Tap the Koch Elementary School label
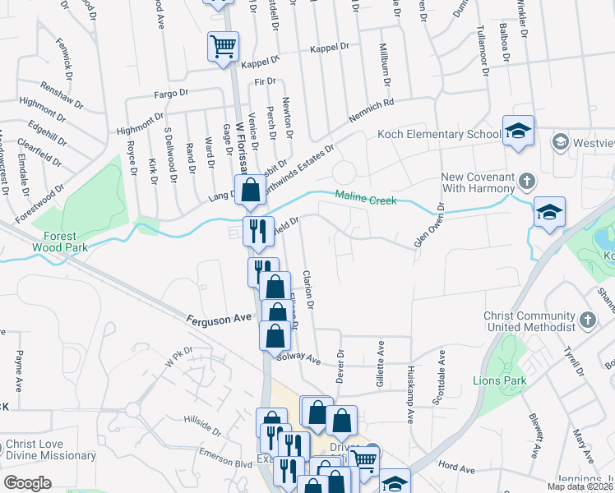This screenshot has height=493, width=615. pos(439,135)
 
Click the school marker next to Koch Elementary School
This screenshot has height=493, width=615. pos(519,131)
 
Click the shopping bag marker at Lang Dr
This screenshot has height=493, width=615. pos(249,191)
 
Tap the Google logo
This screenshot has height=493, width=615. pos(27,482)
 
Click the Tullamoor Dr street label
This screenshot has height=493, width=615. pos(482,49)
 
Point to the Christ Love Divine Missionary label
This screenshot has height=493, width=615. pos(51,450)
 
